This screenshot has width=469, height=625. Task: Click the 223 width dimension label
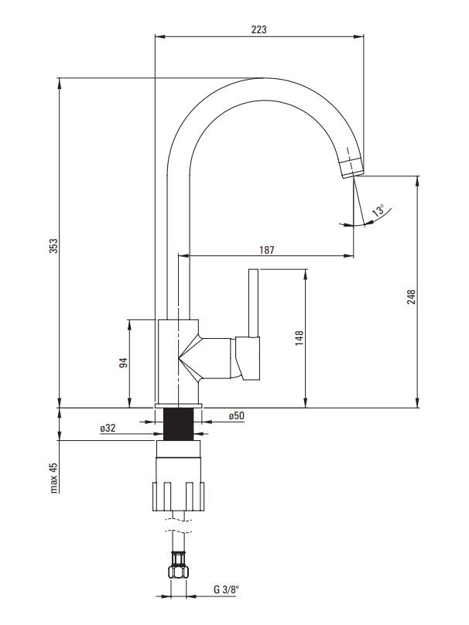[258, 29]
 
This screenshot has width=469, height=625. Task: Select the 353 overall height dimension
[53, 245]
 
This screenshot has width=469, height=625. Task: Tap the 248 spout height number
[411, 297]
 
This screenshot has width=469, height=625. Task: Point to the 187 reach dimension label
[267, 250]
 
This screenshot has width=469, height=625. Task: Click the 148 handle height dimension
[299, 338]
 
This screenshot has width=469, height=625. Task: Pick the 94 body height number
[124, 363]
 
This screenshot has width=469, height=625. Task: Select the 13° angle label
[378, 210]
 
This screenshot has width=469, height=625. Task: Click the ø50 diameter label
[237, 415]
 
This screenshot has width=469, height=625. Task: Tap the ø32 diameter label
[108, 428]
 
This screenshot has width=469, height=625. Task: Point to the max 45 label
[54, 478]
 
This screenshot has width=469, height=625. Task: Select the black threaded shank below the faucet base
[179, 424]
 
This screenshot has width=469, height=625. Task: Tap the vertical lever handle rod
[253, 303]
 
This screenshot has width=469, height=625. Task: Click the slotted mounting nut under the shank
[178, 497]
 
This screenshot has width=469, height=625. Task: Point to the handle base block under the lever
[248, 358]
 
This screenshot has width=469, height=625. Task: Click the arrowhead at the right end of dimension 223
[359, 37]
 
